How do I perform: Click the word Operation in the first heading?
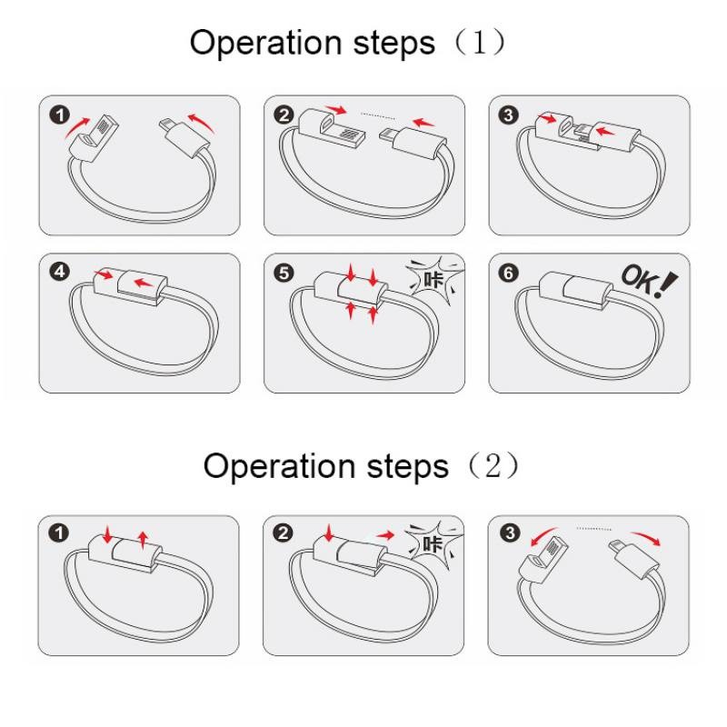click(265, 43)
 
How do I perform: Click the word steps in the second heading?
click(407, 467)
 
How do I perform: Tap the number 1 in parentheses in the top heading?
click(480, 42)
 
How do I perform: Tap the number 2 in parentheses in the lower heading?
click(493, 465)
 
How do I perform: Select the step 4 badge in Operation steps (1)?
click(60, 271)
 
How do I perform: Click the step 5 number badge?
click(284, 273)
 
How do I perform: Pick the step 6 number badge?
click(509, 273)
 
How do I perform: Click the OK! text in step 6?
click(648, 280)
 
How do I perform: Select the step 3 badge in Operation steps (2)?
click(510, 533)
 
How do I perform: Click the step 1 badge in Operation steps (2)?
click(59, 533)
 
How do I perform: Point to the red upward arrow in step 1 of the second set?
click(143, 541)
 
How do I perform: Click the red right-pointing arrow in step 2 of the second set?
click(385, 535)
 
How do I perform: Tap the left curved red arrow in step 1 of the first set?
click(76, 127)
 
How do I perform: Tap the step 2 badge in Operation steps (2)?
click(283, 533)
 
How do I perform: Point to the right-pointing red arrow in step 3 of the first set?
click(548, 118)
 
